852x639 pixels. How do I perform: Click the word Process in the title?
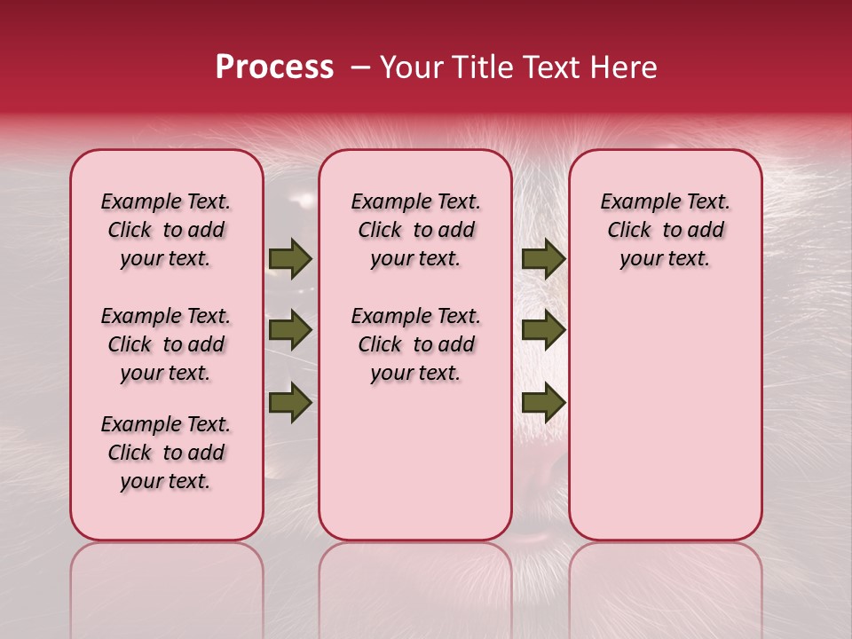(274, 67)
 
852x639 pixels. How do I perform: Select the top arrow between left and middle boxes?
(290, 258)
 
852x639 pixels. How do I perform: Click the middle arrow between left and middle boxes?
(290, 330)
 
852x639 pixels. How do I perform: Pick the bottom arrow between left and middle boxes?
(290, 402)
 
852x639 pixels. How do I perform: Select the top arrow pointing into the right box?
(543, 258)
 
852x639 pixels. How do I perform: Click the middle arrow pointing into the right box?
(543, 330)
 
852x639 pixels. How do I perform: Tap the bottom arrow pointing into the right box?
(543, 402)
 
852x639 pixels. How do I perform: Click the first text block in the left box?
(166, 230)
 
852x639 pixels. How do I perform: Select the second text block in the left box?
(166, 344)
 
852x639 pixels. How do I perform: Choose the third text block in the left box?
(166, 453)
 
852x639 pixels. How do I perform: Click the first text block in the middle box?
(415, 230)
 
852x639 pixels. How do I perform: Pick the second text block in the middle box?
(415, 344)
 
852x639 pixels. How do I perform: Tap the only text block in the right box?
(665, 230)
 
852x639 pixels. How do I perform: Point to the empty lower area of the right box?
(665, 417)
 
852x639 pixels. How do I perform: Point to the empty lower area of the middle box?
(415, 461)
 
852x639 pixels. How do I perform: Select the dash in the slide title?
(360, 68)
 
